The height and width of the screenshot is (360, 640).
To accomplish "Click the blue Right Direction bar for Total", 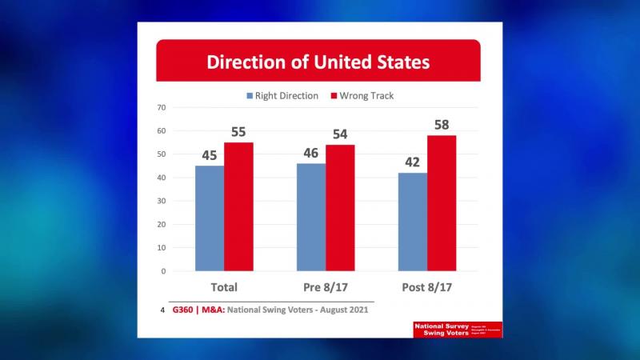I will [210, 218].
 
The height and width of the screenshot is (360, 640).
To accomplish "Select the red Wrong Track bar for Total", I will [238, 206].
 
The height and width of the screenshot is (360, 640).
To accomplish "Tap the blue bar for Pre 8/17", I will [311, 217].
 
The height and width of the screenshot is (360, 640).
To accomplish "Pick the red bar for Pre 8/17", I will [340, 208].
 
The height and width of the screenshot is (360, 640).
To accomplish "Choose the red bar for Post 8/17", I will [442, 203].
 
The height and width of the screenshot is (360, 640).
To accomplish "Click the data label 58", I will [442, 125].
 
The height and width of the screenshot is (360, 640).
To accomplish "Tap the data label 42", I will [413, 162].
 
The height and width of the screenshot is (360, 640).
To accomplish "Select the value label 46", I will [311, 153].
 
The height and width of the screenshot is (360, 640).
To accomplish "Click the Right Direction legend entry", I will [285, 96].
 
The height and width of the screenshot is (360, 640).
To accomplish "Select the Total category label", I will [223, 286].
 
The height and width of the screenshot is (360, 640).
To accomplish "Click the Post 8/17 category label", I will [427, 286].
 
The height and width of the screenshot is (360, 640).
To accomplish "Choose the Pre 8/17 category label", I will [326, 286].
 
